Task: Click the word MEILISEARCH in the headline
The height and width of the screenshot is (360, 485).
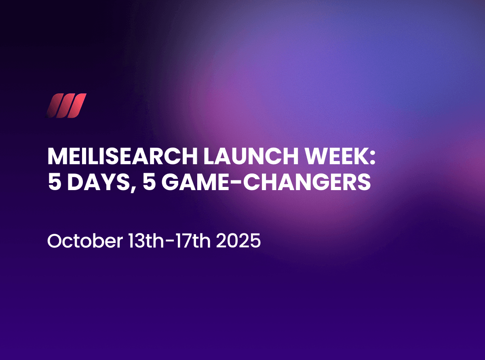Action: (x=122, y=156)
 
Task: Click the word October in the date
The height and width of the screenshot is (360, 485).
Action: (x=85, y=241)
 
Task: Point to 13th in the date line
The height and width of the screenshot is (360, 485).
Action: (x=146, y=241)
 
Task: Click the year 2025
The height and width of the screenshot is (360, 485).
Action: (x=238, y=241)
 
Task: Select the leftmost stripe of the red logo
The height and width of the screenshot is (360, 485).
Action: (x=54, y=106)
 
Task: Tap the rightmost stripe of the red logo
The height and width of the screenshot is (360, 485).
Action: (x=77, y=106)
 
